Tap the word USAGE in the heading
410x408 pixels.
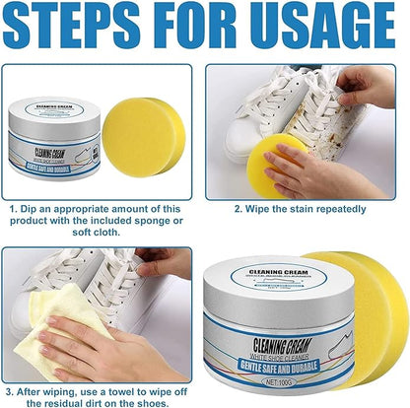[325, 29]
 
